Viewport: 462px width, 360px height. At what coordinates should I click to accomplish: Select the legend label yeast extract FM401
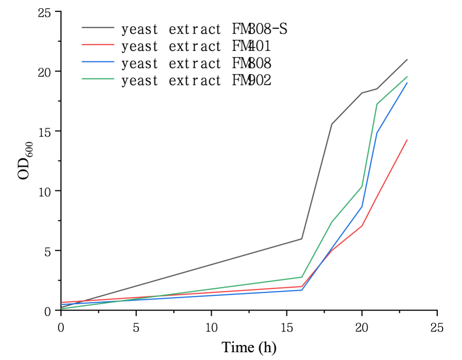click(196, 46)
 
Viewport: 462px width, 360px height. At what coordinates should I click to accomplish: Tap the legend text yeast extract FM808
click(196, 64)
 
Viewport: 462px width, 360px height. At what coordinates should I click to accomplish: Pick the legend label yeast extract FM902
click(196, 81)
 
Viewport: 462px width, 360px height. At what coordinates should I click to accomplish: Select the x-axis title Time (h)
click(249, 348)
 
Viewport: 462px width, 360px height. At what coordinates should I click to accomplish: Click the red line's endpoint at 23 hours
click(407, 140)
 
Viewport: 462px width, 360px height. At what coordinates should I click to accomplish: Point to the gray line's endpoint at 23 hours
click(407, 60)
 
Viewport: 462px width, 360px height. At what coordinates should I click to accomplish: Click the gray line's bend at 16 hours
click(302, 239)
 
